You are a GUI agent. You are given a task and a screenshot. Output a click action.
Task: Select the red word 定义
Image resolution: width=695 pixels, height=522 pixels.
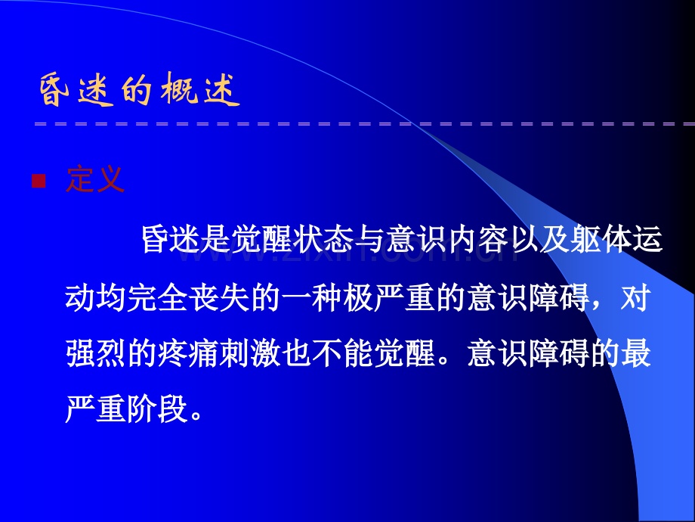pyautogui.click(x=94, y=179)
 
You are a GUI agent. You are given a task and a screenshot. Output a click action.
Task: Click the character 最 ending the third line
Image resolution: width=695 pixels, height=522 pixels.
pyautogui.click(x=635, y=353)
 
